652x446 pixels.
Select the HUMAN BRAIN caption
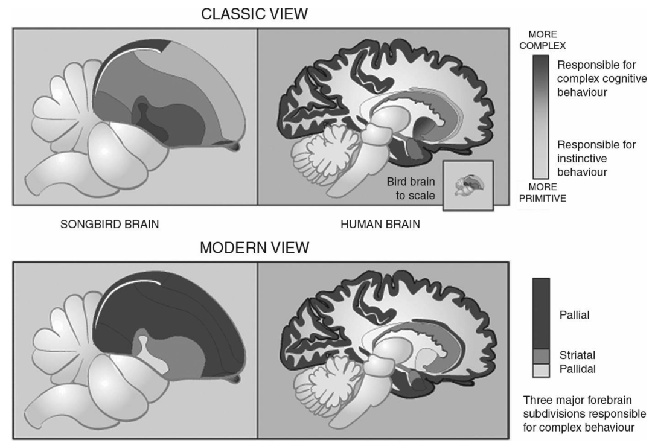click(x=380, y=224)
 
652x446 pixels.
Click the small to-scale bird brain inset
click(x=468, y=185)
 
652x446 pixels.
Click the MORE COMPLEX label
click(x=542, y=40)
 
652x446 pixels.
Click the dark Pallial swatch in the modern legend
click(x=541, y=313)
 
